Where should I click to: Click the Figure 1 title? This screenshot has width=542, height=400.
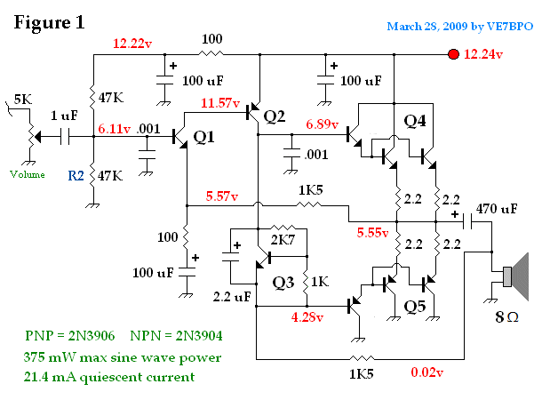[50, 22]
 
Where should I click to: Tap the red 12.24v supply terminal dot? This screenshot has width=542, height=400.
[454, 55]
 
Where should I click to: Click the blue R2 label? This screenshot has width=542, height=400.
[76, 177]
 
